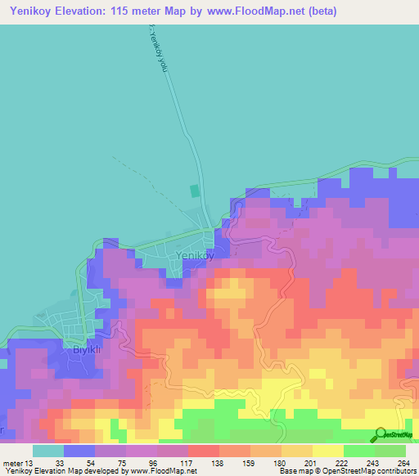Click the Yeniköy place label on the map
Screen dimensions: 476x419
click(x=196, y=255)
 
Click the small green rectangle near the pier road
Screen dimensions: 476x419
click(x=194, y=191)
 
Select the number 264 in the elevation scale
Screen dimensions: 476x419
click(x=403, y=463)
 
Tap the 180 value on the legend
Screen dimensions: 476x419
click(x=279, y=463)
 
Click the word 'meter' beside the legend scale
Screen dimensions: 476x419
click(x=11, y=463)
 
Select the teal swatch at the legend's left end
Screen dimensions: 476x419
click(x=48, y=451)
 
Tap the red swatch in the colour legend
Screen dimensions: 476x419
click(x=204, y=451)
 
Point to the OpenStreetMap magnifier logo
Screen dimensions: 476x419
click(x=381, y=434)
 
